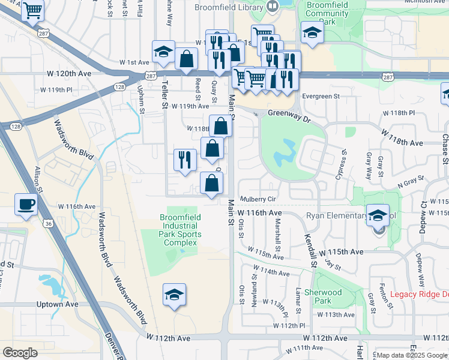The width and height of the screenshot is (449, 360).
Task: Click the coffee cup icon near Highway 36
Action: (26, 204)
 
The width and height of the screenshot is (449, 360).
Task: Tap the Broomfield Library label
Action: (229, 8)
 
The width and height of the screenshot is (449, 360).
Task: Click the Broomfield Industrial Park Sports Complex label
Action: (180, 230)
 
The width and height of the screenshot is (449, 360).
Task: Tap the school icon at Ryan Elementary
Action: (378, 215)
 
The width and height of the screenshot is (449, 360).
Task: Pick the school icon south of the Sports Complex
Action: (174, 295)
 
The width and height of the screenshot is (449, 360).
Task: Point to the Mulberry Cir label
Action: (258, 199)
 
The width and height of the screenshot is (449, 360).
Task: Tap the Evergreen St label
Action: (321, 96)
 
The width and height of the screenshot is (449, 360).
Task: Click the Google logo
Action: (20, 352)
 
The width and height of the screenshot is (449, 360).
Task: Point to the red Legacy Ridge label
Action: (419, 294)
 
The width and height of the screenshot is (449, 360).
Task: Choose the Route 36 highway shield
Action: (47, 223)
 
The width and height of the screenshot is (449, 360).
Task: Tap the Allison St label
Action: (40, 179)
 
